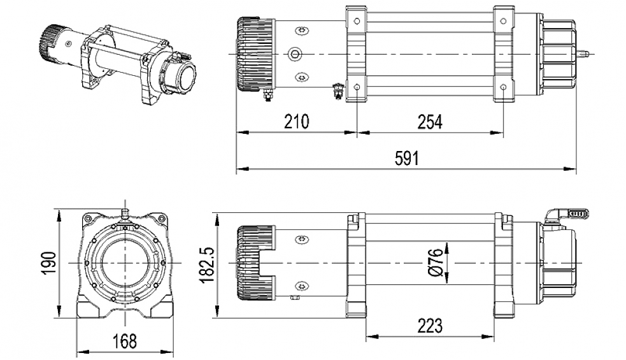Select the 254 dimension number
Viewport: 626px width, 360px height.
[x=429, y=121]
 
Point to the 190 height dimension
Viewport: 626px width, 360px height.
[x=51, y=263]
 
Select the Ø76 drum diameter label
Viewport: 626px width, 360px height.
[x=436, y=263]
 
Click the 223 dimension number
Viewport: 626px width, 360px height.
[x=430, y=326]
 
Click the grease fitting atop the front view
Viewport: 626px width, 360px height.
[x=125, y=211]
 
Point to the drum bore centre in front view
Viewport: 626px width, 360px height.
[x=125, y=263]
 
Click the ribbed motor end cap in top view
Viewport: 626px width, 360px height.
[x=247, y=55]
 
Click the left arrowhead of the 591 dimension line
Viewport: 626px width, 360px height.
[x=241, y=170]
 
